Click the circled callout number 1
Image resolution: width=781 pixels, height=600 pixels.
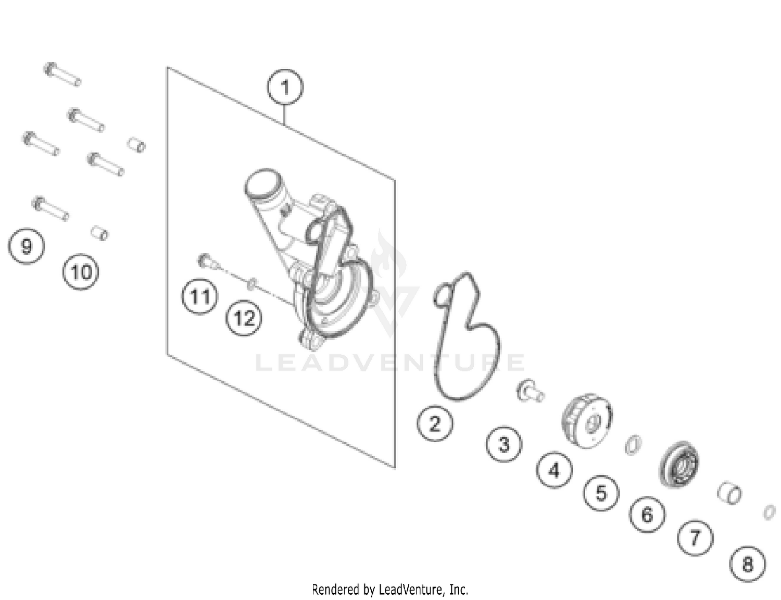[285, 87]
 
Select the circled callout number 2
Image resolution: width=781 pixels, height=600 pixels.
[435, 423]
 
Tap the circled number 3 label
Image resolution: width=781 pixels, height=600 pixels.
[504, 444]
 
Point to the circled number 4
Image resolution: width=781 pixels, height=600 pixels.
[554, 469]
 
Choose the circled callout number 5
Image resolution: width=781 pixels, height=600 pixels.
[601, 493]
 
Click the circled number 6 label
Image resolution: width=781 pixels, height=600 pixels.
[647, 515]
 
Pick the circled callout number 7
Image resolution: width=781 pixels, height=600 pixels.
[695, 538]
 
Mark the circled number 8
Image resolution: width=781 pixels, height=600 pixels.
[748, 564]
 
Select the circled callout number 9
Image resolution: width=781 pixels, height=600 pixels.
[27, 246]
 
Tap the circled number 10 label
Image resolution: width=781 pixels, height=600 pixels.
[81, 272]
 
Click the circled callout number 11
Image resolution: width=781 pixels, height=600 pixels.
[199, 296]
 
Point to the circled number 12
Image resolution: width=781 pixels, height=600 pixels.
[244, 318]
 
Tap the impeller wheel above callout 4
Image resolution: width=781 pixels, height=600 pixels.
[587, 421]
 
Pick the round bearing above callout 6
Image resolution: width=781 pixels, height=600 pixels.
[679, 464]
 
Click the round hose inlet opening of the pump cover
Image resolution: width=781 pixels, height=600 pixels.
[262, 183]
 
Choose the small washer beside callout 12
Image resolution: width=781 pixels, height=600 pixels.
[252, 284]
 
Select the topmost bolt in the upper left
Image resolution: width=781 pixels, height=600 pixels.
[62, 74]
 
